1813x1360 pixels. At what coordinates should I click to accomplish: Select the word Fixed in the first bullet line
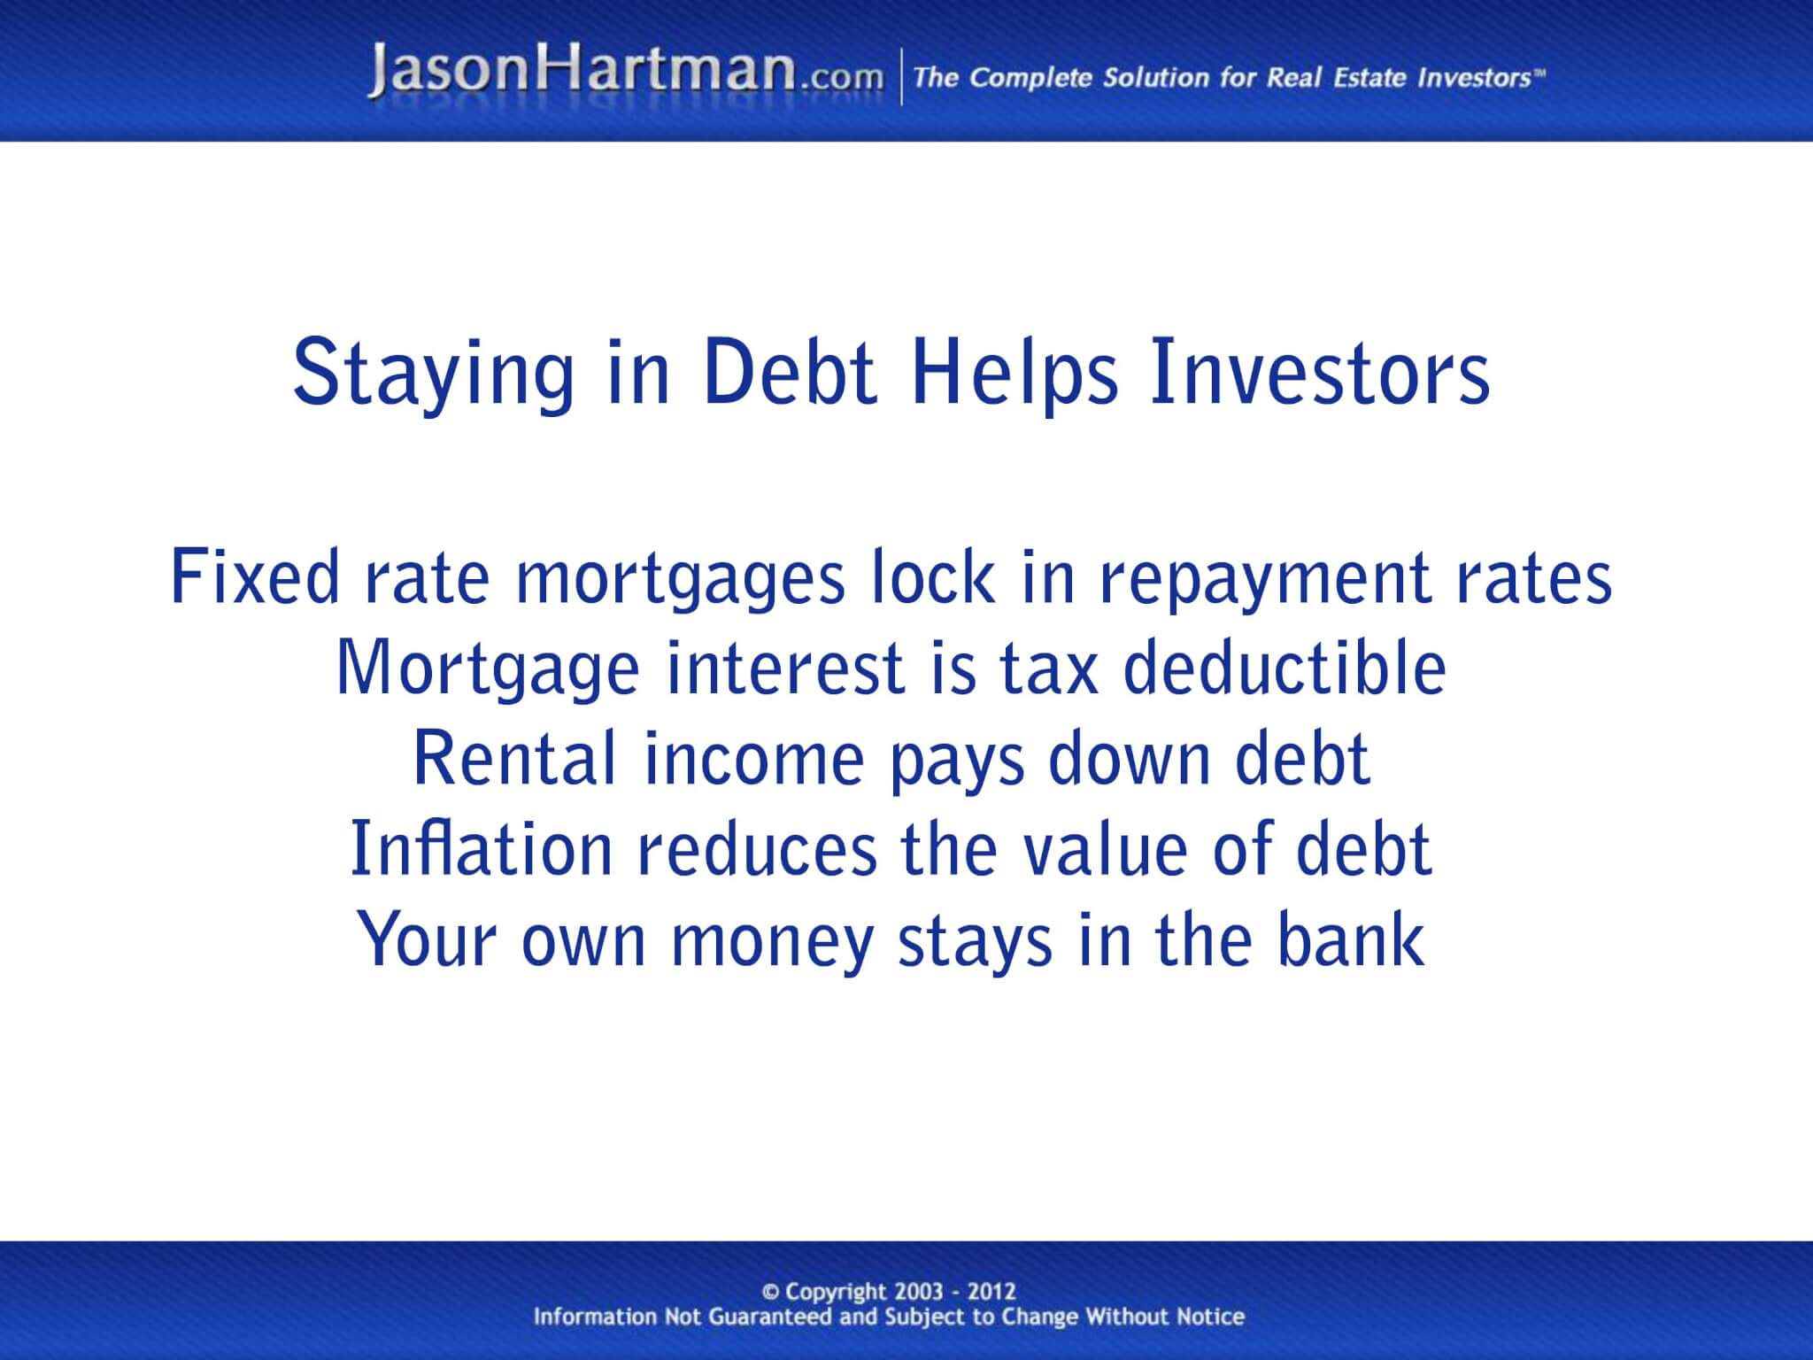[255, 578]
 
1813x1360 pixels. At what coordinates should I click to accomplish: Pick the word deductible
[1285, 668]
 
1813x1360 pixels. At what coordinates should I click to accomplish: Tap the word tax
[1050, 668]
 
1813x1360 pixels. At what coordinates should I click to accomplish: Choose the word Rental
[514, 759]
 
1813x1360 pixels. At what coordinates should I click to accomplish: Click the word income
[753, 759]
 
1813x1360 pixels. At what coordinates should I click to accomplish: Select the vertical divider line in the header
[902, 77]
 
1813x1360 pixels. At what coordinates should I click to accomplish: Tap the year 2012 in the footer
[991, 1292]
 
